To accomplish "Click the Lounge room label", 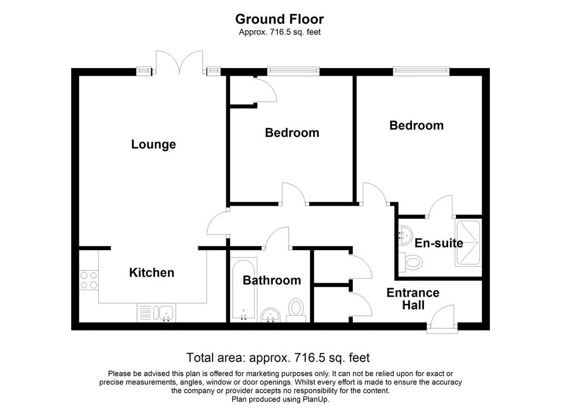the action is [153, 144].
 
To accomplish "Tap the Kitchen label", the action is [152, 273].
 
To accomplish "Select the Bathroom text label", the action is [272, 280].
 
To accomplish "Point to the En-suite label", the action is [439, 243].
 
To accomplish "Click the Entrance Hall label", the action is [413, 299].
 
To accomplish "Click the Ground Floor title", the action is [279, 19].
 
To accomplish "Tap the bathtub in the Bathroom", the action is [244, 288].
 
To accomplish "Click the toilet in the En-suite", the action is [410, 263].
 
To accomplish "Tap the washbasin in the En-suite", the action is [405, 235].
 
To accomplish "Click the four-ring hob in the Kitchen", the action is [89, 280].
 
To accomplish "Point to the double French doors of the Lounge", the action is [180, 63].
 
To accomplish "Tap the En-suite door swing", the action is [440, 206].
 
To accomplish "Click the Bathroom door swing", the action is [276, 238].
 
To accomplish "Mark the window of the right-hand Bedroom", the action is [421, 71].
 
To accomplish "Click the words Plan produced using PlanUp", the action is [280, 399].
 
